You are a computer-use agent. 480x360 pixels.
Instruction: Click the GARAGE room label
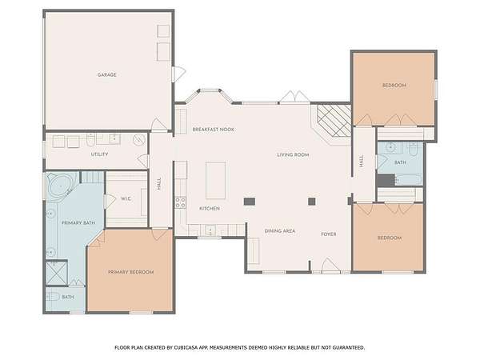pyautogui.click(x=107, y=74)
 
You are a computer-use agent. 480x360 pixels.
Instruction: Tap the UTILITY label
pyautogui.click(x=99, y=154)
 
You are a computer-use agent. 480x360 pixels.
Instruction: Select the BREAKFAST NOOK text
pyautogui.click(x=214, y=130)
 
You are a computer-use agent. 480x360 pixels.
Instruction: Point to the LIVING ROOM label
pyautogui.click(x=293, y=155)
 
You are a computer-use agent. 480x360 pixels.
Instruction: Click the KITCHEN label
pyautogui.click(x=210, y=209)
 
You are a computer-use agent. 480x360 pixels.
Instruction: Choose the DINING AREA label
pyautogui.click(x=280, y=231)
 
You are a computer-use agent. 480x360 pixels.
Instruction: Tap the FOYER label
pyautogui.click(x=329, y=234)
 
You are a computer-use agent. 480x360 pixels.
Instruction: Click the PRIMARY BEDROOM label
pyautogui.click(x=130, y=272)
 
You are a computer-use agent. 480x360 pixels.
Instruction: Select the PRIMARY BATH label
pyautogui.click(x=78, y=223)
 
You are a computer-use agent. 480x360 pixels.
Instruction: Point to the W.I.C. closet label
pyautogui.click(x=126, y=199)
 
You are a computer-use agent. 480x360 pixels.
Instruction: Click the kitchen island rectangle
pyautogui.click(x=215, y=180)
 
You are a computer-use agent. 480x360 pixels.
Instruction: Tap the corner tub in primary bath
pyautogui.click(x=61, y=186)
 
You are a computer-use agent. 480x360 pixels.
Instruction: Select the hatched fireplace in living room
pyautogui.click(x=334, y=121)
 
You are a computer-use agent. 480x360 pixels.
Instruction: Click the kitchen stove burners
pyautogui.click(x=180, y=202)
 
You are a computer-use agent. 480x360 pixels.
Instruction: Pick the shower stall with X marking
pyautogui.click(x=56, y=273)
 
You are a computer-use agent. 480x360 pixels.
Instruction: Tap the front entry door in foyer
pyautogui.click(x=330, y=265)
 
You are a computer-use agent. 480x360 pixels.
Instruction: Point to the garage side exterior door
pyautogui.click(x=179, y=74)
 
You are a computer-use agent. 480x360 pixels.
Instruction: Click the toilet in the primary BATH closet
pyautogui.click(x=53, y=296)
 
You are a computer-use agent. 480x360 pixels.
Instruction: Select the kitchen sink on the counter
pyautogui.click(x=210, y=230)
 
